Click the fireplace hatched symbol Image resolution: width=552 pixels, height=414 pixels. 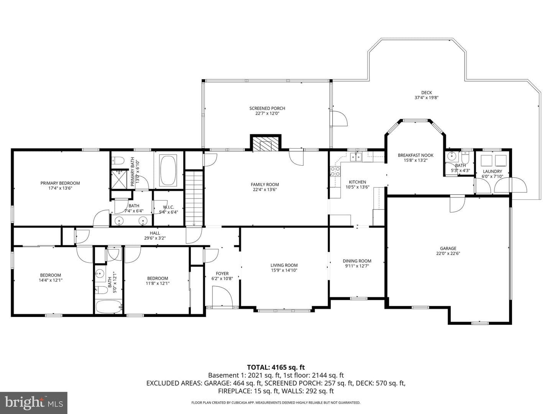(x=265, y=143)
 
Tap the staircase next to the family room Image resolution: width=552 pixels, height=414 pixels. (x=194, y=198)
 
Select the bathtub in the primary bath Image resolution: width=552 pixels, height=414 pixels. (x=168, y=171)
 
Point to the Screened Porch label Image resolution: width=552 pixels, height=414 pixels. (x=267, y=108)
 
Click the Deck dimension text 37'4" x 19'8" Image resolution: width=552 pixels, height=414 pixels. (x=427, y=98)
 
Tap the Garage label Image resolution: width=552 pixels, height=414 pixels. (x=448, y=248)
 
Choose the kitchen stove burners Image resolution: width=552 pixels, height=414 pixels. (x=335, y=171)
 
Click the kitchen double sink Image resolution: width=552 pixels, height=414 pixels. (x=356, y=157)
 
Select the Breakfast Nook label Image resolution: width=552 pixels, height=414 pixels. (x=416, y=155)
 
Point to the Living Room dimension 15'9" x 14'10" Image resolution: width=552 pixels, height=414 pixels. (x=284, y=271)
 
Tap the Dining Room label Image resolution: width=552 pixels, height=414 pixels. (x=357, y=261)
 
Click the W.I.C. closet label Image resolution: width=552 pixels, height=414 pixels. (x=169, y=207)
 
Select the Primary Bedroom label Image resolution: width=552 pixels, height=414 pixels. (x=60, y=183)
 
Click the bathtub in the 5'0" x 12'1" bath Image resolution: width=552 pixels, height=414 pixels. (x=109, y=307)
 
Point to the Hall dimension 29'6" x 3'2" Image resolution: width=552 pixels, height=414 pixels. (x=155, y=238)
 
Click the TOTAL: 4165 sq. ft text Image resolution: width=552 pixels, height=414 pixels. (x=276, y=368)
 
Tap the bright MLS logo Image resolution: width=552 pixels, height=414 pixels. (x=34, y=403)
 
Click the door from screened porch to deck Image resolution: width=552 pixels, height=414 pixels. (x=340, y=118)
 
